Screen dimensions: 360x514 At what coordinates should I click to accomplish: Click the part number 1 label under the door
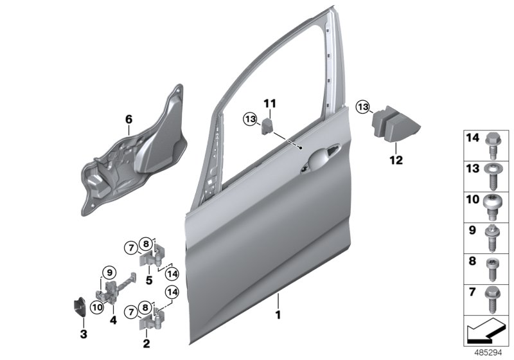278,316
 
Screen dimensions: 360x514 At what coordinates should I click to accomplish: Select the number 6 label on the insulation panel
128,119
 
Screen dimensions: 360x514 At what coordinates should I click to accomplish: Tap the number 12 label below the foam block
396,160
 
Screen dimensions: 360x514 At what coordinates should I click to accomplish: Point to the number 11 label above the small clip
270,103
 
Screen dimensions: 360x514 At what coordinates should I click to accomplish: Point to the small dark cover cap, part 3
80,307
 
